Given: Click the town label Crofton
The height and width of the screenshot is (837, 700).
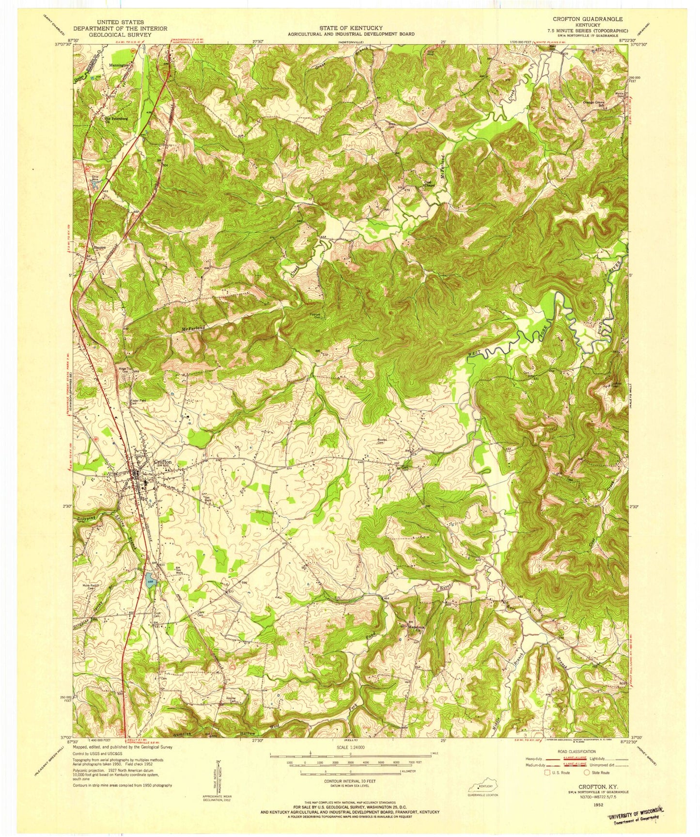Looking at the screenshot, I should [163, 462].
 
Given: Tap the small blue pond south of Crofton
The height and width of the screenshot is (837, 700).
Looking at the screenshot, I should [150, 580].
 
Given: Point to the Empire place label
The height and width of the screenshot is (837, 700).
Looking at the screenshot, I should [100, 246].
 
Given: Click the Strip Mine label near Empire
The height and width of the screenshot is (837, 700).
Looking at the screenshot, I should [94, 178].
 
